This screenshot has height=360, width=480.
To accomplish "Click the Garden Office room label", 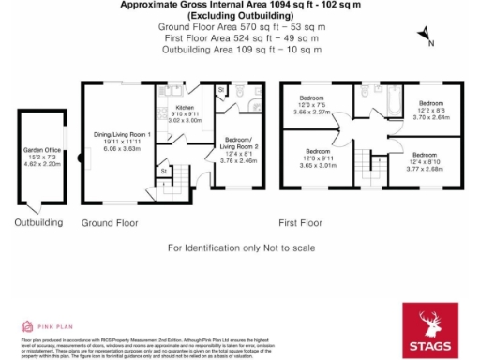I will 41,156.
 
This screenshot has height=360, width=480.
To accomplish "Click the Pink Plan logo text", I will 55,326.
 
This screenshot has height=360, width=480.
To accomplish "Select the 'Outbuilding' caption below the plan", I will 38,223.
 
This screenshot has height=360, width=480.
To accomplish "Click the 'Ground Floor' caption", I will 110,223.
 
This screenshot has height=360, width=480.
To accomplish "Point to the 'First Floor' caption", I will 300,223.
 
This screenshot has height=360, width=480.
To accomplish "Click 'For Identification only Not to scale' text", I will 240,247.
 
